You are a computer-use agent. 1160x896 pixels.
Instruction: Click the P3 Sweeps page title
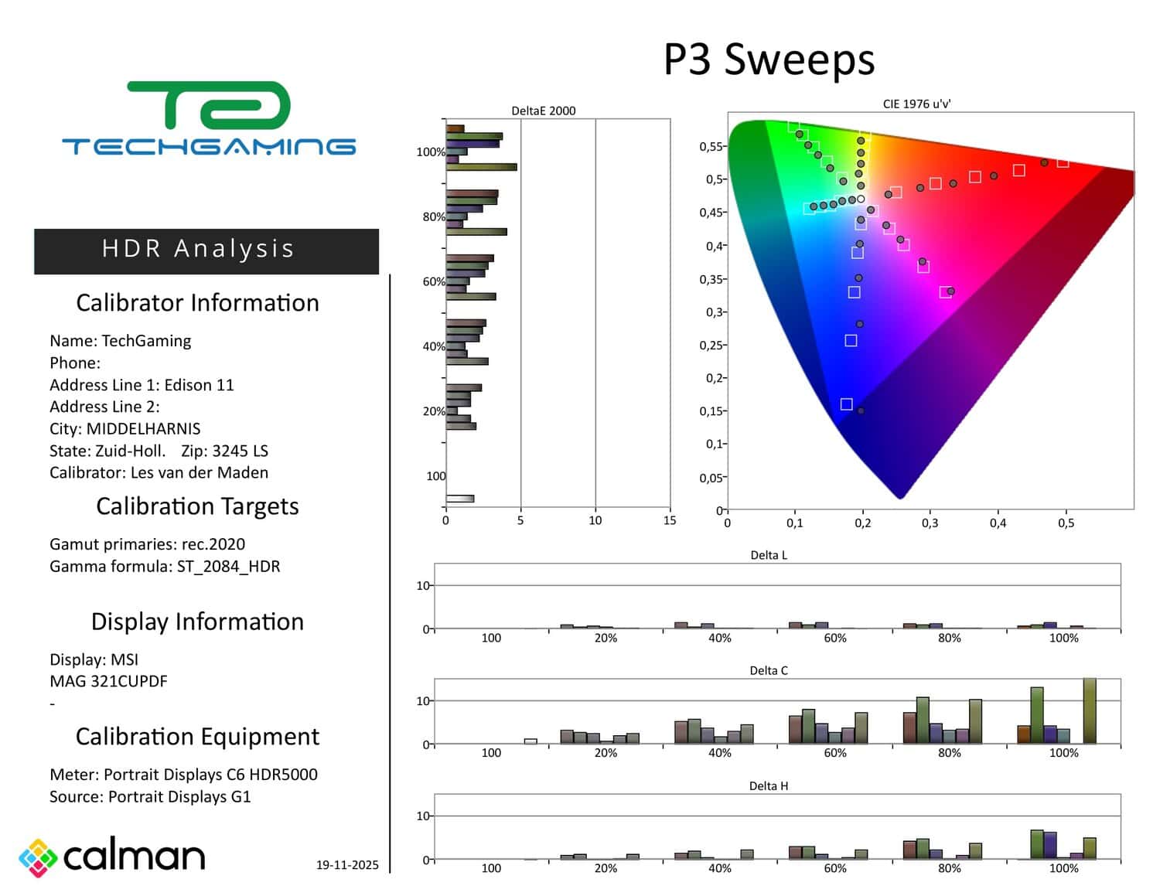tap(769, 60)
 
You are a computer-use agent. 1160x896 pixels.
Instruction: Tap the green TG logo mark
tap(209, 106)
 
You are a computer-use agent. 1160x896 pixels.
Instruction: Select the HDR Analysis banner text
tap(198, 249)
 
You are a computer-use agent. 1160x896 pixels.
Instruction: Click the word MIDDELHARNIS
tap(143, 429)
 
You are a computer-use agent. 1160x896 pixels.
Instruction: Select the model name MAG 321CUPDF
tap(108, 682)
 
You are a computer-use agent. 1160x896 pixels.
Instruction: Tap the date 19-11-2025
tap(347, 865)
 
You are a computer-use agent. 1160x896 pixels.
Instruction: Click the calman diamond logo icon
tap(38, 857)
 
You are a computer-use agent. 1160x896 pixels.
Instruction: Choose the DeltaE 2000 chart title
tap(544, 111)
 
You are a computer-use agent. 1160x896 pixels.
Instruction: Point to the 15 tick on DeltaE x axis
tap(670, 520)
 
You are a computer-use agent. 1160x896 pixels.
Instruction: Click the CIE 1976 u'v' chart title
tap(916, 104)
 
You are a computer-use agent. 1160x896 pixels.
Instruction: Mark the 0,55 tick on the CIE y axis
tap(711, 146)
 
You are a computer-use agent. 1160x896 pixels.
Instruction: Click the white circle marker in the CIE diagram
tap(861, 199)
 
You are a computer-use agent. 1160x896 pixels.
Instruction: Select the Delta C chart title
tap(769, 670)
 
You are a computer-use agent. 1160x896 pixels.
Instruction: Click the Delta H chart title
tap(769, 785)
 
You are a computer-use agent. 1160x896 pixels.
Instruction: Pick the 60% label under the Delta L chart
tap(835, 638)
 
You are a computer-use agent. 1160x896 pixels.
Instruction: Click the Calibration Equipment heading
tap(197, 737)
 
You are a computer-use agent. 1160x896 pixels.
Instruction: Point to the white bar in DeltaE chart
tap(460, 499)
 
